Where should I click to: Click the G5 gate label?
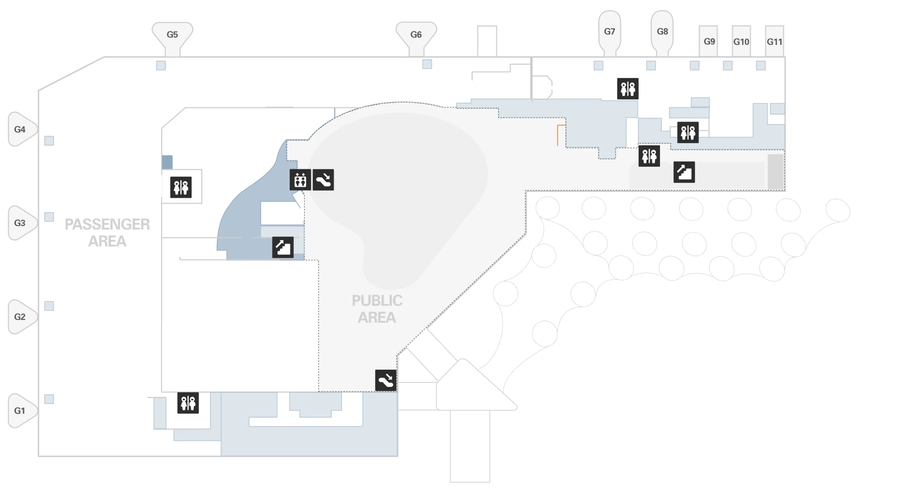click(x=172, y=35)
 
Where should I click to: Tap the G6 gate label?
click(x=416, y=35)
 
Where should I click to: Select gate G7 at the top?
click(x=609, y=32)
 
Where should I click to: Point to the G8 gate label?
click(x=662, y=32)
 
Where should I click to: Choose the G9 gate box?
click(x=709, y=42)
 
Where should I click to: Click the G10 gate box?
click(x=741, y=42)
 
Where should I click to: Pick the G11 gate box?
click(x=774, y=42)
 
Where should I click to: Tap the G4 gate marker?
click(x=20, y=129)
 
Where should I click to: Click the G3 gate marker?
click(x=20, y=223)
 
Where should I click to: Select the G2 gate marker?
click(x=20, y=317)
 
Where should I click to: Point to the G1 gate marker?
click(x=20, y=411)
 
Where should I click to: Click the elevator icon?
click(x=300, y=180)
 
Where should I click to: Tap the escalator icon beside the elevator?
click(x=323, y=180)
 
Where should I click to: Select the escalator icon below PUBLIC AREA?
click(x=386, y=380)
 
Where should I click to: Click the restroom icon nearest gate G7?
click(x=628, y=89)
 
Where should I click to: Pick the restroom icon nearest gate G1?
click(x=188, y=403)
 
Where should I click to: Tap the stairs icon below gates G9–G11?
click(x=684, y=172)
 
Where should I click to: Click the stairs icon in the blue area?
click(x=283, y=247)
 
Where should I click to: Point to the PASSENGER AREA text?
click(x=107, y=233)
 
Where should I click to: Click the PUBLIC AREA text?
click(x=377, y=309)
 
